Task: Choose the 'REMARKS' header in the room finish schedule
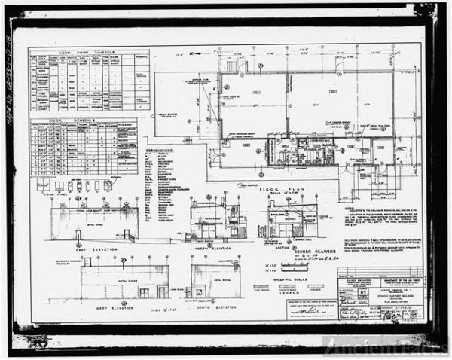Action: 140,57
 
